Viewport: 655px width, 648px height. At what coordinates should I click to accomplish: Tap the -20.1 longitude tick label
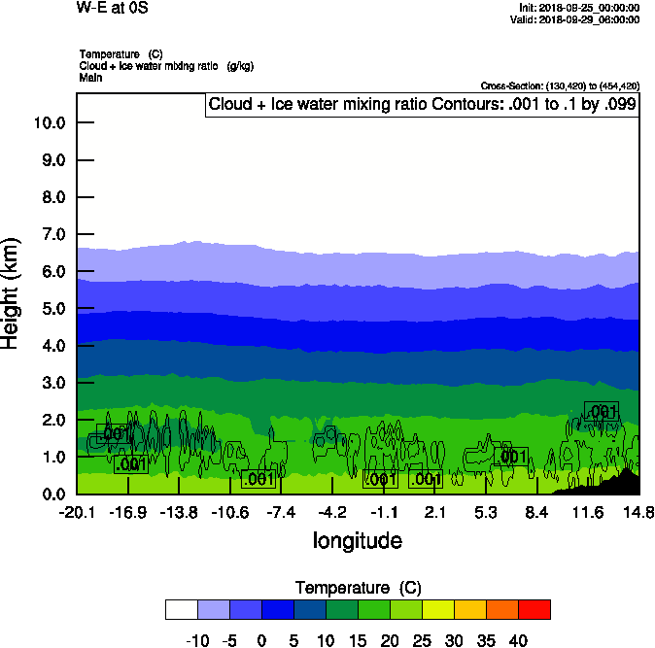pos(76,512)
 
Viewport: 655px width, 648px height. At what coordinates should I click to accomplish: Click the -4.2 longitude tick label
pos(332,512)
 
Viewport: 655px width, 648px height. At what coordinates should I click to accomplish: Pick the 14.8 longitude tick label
pos(638,512)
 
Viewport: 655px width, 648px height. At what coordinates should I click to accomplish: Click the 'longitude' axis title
pos(357,540)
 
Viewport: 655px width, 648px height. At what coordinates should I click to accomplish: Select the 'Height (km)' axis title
pos(12,293)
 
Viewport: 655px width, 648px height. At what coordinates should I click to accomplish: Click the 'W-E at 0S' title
pos(113,9)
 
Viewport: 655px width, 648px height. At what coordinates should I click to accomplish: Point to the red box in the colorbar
pos(534,609)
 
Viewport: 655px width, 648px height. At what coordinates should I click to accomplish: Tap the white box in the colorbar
pos(181,609)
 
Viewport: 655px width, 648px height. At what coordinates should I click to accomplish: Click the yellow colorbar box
pos(437,609)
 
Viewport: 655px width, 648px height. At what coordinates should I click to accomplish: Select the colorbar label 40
pos(518,640)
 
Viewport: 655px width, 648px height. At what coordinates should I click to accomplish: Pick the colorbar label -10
pos(197,640)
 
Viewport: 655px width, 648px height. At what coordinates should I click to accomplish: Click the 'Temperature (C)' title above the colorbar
pos(357,588)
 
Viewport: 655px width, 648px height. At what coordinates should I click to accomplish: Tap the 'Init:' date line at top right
pos(579,8)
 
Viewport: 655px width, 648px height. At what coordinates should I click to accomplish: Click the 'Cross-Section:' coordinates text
pos(560,85)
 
